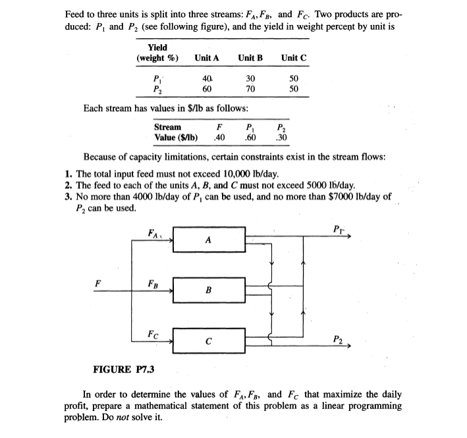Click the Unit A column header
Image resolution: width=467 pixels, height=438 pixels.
point(207,58)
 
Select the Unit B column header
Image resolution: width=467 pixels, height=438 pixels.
point(250,58)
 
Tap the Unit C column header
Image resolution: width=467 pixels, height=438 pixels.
point(293,58)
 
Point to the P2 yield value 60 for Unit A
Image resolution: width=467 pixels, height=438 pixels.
point(206,89)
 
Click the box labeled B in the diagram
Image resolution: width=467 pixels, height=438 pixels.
point(209,289)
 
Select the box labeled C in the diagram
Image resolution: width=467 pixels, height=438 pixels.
point(209,341)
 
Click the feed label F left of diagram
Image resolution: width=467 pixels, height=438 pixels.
point(97,283)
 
